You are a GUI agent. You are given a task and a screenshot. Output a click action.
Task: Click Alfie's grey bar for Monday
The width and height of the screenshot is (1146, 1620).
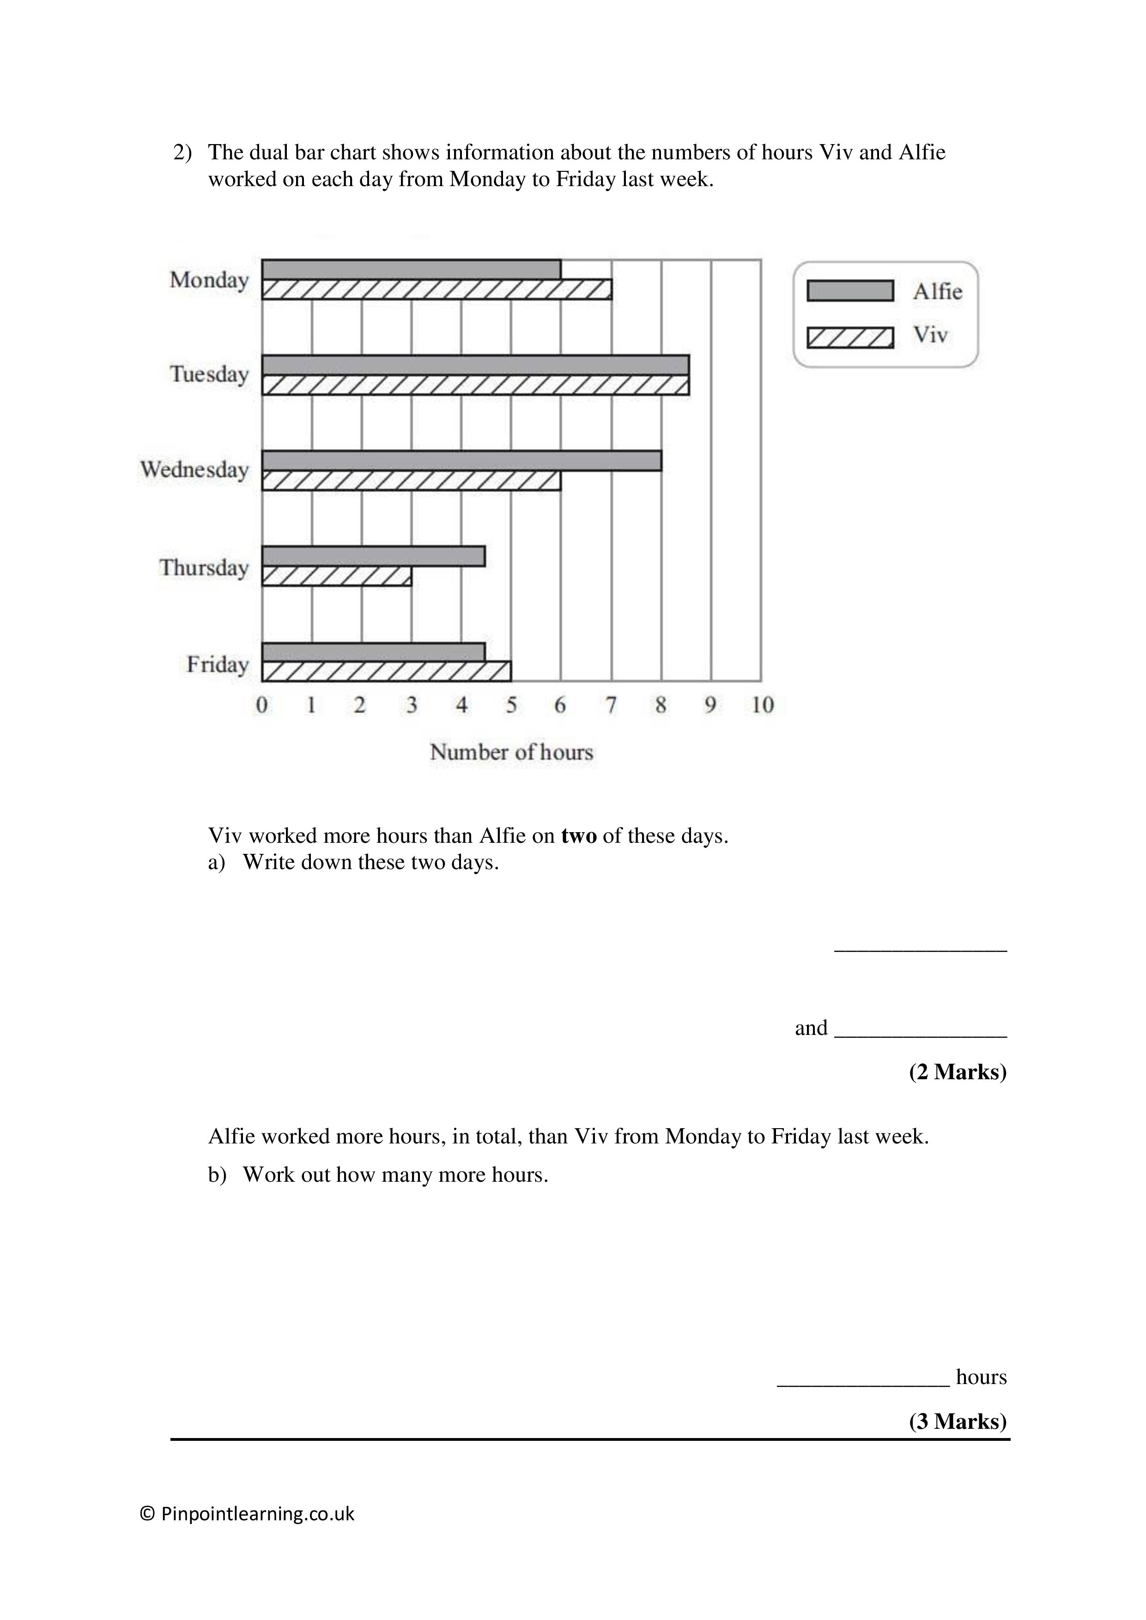pos(412,270)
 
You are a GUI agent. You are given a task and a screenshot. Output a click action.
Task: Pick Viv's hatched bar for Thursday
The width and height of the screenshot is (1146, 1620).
pos(337,576)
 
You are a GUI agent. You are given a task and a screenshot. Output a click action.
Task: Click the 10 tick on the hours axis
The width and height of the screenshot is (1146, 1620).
pos(762,705)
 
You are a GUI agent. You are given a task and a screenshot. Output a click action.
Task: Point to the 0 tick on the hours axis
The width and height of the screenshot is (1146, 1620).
pos(262,705)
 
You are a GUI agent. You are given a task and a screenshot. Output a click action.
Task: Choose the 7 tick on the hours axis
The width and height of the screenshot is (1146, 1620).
pos(611,705)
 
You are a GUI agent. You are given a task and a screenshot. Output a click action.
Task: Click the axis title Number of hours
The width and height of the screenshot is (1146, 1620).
pos(512,752)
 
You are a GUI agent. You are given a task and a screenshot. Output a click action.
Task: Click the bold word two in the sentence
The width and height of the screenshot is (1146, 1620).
pos(579,836)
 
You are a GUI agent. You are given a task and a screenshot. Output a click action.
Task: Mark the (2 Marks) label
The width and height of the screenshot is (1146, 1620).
pos(957,1072)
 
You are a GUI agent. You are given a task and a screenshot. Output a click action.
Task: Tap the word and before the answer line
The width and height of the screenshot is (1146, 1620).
pos(811,1028)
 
